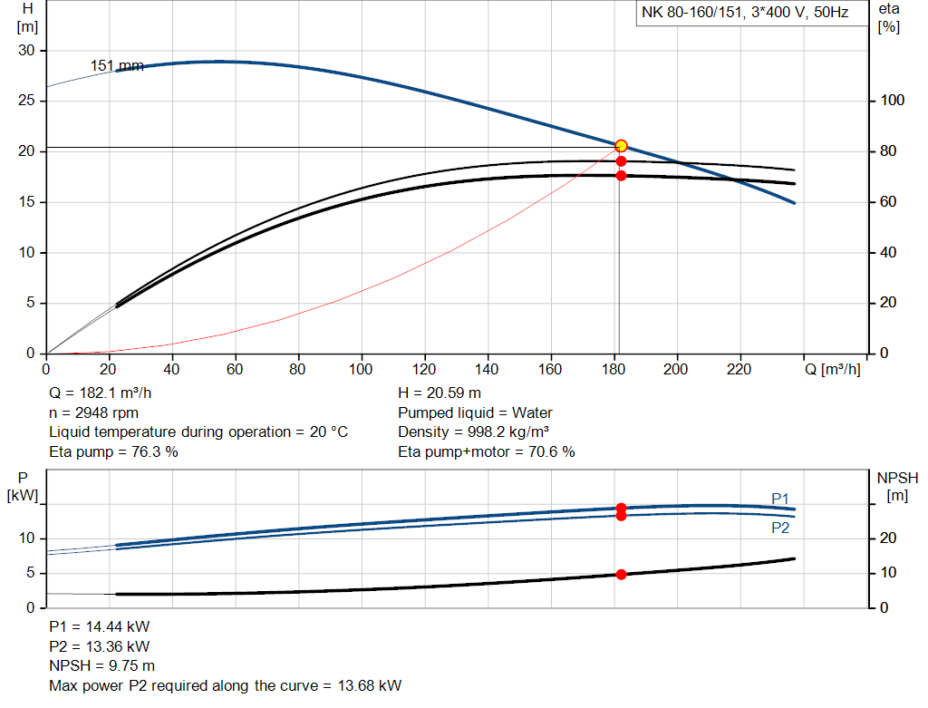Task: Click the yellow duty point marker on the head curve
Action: click(621, 146)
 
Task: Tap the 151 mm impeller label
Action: click(116, 65)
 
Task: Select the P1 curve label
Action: click(780, 498)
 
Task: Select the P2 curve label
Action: click(780, 527)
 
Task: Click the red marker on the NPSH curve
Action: click(621, 574)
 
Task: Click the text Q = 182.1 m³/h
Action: click(100, 393)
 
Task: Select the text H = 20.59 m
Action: click(440, 393)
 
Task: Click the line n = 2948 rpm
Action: click(93, 412)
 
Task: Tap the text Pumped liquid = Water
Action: click(475, 412)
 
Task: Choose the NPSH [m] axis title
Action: click(897, 486)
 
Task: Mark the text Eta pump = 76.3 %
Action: click(113, 451)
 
